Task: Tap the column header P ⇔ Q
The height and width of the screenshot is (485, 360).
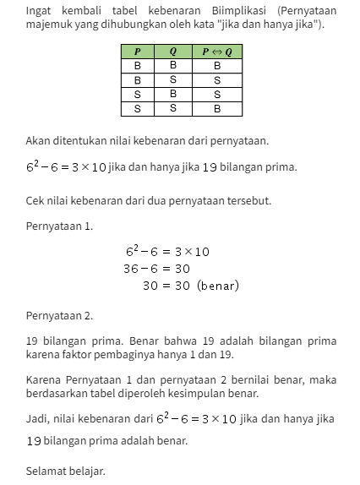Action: point(216,52)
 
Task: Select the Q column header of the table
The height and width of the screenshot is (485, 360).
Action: point(173,52)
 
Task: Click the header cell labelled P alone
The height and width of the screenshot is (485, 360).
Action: point(137,52)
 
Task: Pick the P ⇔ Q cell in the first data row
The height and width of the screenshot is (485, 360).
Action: point(216,65)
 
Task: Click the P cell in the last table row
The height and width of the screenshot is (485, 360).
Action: point(137,108)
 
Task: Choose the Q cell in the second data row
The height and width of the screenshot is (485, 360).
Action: point(173,79)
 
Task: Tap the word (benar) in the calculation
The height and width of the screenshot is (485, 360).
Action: point(218,286)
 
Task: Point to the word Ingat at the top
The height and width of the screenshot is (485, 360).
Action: point(40,11)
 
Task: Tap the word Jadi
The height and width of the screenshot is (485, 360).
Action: point(38,418)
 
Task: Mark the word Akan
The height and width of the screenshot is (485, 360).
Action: point(39,139)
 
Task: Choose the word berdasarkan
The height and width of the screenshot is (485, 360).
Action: point(60,393)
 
